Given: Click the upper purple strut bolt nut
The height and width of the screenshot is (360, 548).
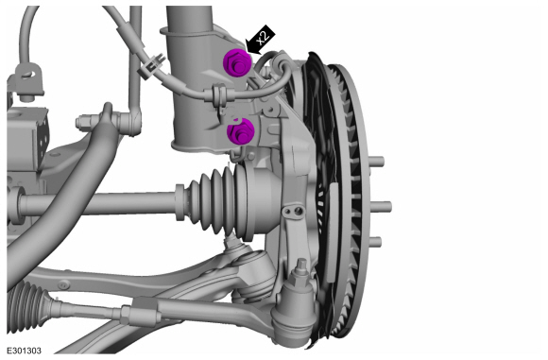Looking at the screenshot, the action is tap(237, 63).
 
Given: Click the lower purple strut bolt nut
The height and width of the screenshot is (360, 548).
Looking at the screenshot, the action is tap(240, 131).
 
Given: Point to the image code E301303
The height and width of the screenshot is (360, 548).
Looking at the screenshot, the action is tap(25, 351).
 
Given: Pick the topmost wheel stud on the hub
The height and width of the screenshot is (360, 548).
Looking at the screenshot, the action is tap(376, 162).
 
